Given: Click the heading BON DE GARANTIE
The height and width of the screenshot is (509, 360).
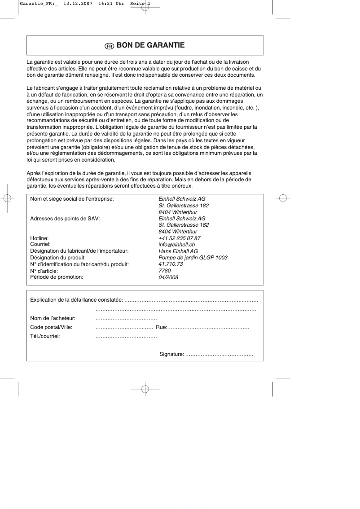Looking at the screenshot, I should [150, 45].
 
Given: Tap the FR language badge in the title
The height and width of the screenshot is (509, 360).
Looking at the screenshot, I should [109, 46].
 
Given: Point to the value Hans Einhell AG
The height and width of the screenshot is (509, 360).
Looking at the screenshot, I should [178, 251].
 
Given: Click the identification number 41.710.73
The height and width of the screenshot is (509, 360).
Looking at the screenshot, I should [171, 264].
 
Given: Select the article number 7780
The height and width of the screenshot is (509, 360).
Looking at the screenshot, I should [165, 271].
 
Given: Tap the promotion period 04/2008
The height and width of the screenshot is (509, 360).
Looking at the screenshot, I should [168, 277].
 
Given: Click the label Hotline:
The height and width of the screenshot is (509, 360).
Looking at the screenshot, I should [39, 238].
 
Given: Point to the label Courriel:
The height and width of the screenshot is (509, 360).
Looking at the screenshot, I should [40, 245].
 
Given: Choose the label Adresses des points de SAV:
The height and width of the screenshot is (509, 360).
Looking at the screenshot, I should [65, 219].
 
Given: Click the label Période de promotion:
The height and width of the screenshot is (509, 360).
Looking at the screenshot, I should [57, 277].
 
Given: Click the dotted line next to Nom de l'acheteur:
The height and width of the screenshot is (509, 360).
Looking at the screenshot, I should [126, 318].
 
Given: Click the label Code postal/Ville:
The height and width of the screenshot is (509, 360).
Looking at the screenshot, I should [51, 327].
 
